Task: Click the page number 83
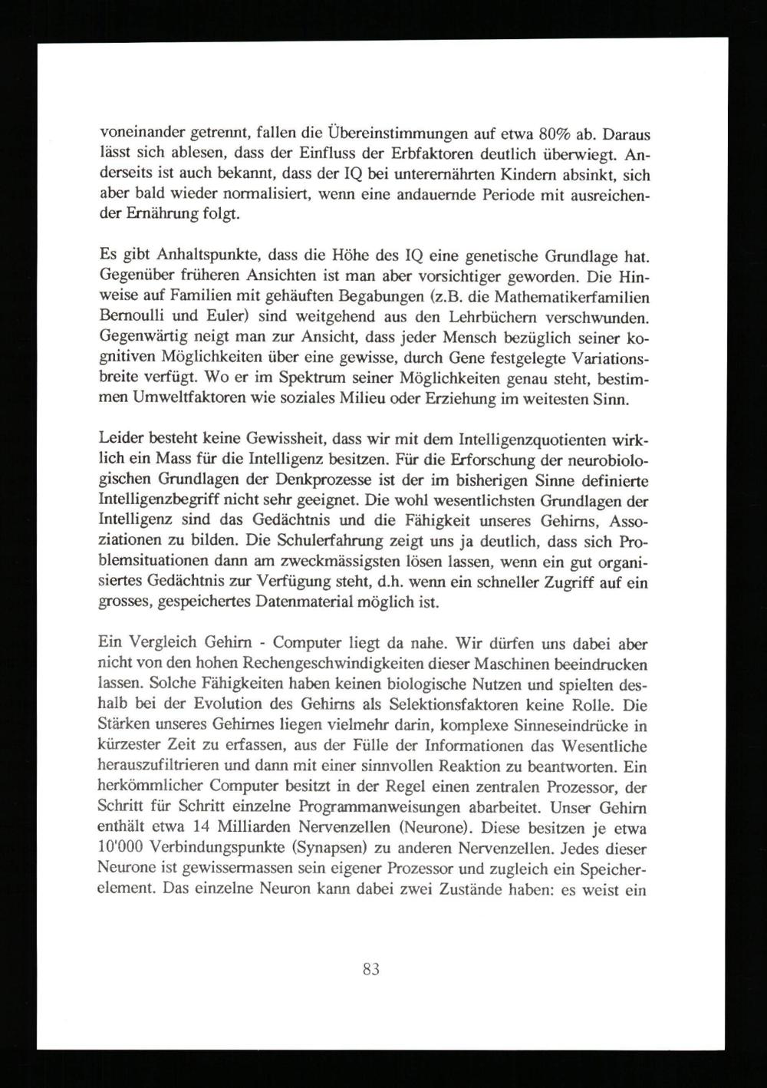click(370, 969)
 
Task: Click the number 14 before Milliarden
click(222, 829)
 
